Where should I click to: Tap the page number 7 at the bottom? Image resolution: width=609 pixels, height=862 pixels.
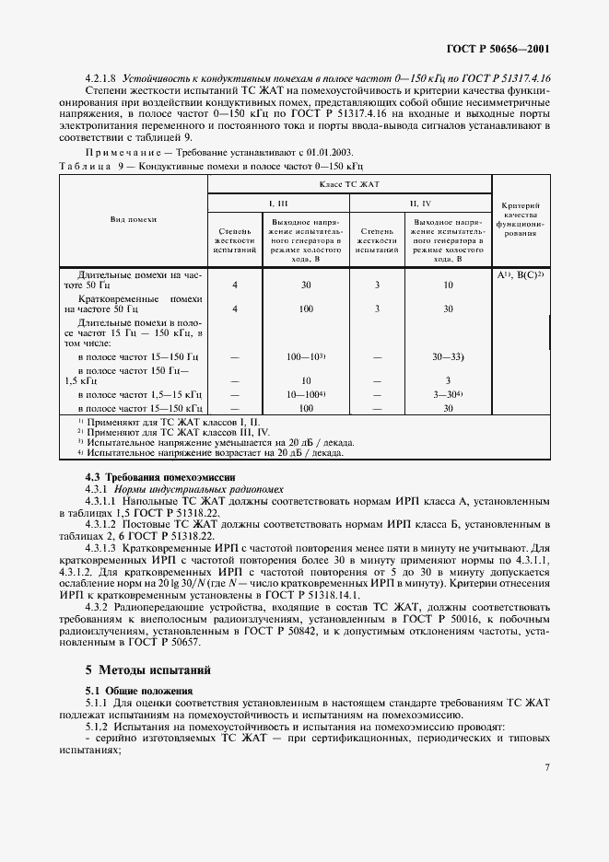(x=546, y=766)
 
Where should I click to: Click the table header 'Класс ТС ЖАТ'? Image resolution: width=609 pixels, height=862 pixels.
(x=351, y=185)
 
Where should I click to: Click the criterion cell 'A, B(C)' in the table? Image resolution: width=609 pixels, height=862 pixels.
(x=521, y=275)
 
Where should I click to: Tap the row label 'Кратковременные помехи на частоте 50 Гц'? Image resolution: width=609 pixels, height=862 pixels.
(x=135, y=304)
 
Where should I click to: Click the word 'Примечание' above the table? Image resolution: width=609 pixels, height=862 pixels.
(x=120, y=152)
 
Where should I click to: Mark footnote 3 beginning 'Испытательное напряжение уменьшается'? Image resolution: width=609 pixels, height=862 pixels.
(x=212, y=442)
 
